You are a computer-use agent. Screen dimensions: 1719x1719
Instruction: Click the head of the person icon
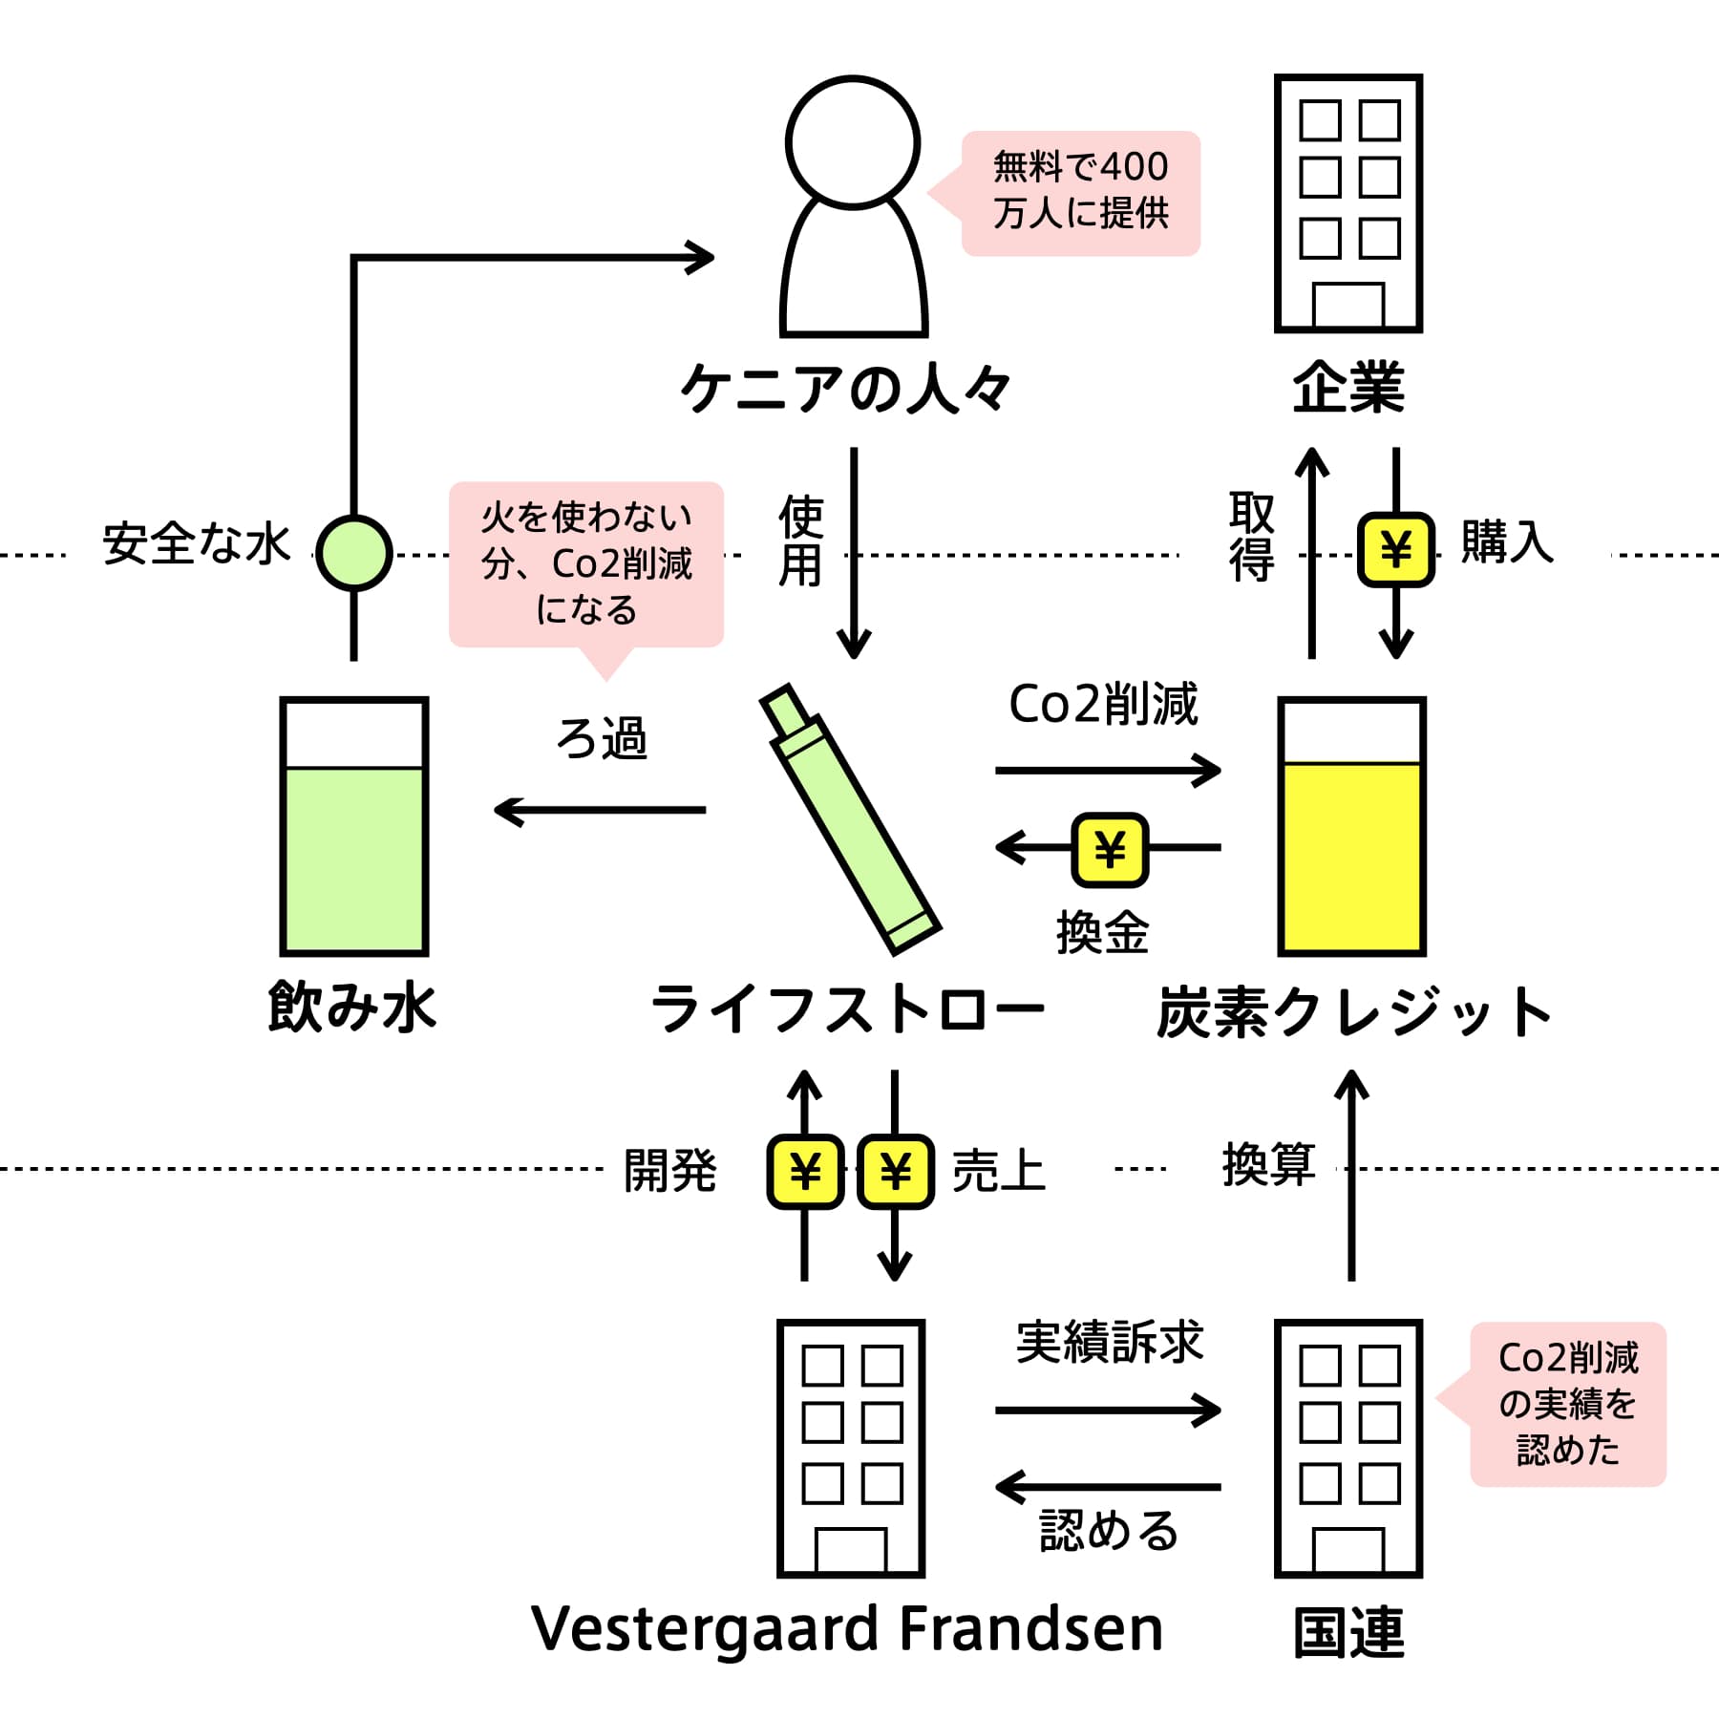(x=853, y=141)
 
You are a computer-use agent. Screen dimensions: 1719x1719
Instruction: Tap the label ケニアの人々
(x=845, y=388)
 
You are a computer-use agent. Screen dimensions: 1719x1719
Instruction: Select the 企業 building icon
(x=1348, y=202)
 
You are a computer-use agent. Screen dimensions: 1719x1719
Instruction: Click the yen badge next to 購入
(x=1396, y=549)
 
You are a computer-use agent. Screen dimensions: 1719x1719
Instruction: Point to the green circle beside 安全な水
(x=353, y=552)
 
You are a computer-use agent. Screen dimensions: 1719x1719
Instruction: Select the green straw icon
(x=850, y=819)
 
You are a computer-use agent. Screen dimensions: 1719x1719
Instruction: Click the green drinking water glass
(x=353, y=826)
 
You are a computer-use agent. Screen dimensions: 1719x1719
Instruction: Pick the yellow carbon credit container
(x=1351, y=826)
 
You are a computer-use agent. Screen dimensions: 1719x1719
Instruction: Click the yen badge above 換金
(x=1110, y=848)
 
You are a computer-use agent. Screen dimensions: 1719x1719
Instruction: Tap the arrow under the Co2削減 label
(x=1108, y=770)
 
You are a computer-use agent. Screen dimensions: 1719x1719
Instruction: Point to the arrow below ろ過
(x=600, y=810)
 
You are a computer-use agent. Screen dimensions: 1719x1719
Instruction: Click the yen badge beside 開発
(x=805, y=1171)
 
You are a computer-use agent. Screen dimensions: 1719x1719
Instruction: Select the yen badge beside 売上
(x=895, y=1171)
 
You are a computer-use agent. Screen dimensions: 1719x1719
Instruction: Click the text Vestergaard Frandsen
(x=847, y=1628)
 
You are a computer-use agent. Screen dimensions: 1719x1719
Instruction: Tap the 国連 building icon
(x=1348, y=1449)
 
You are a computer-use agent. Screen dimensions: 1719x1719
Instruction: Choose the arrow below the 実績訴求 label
(x=1108, y=1410)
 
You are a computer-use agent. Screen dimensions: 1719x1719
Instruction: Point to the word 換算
(x=1269, y=1165)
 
